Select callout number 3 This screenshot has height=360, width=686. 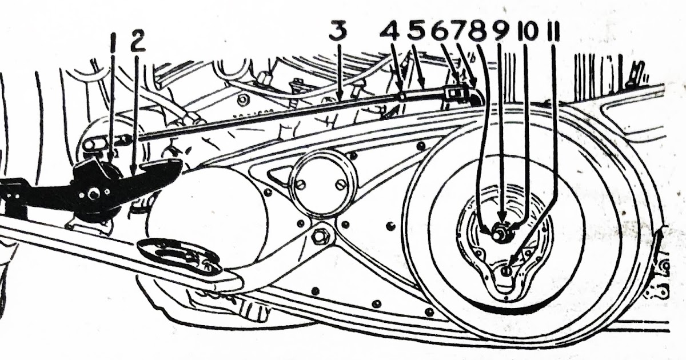point(338,31)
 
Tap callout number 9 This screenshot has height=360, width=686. point(501,31)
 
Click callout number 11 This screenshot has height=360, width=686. point(553,31)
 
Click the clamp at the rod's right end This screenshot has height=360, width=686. point(453,91)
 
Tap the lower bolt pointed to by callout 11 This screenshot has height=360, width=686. point(506,271)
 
